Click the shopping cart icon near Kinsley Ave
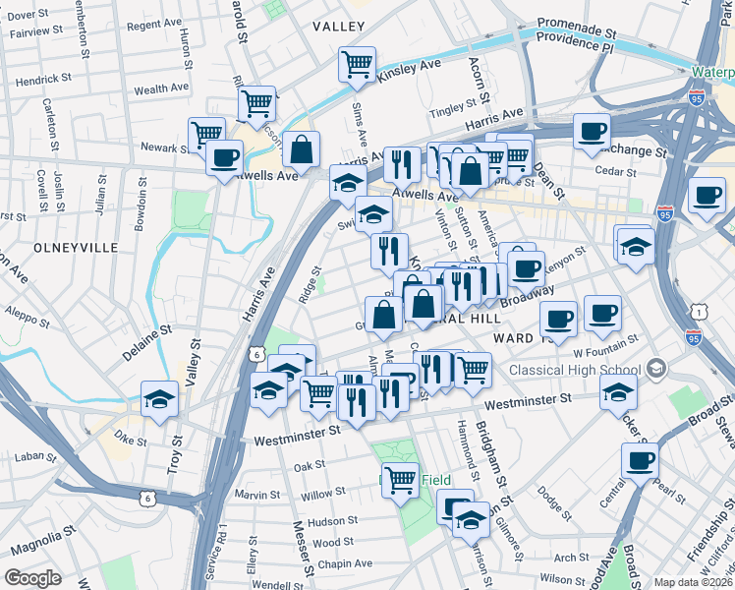(358, 65)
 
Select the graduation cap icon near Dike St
(159, 399)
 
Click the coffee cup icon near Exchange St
(592, 132)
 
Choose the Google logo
(32, 578)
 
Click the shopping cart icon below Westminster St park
(400, 481)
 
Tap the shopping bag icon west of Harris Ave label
(302, 150)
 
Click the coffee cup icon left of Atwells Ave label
(225, 157)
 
